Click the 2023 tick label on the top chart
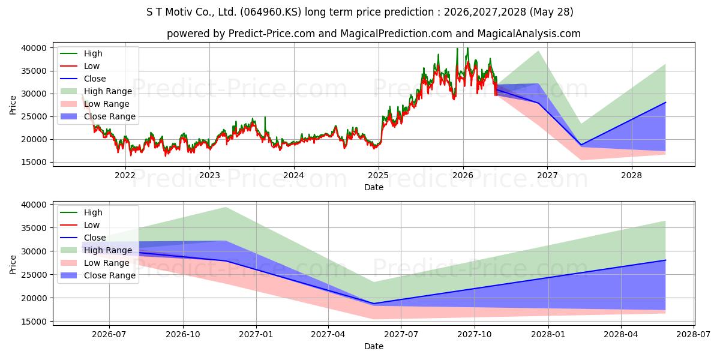pyautogui.click(x=209, y=175)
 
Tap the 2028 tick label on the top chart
pyautogui.click(x=632, y=175)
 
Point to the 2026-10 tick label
pyautogui.click(x=183, y=335)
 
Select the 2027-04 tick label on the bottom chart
pyautogui.click(x=328, y=335)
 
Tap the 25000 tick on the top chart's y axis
pyautogui.click(x=34, y=116)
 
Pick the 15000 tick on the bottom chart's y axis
pyautogui.click(x=34, y=322)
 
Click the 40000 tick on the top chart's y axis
pyautogui.click(x=34, y=48)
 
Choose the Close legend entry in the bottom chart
pyautogui.click(x=83, y=238)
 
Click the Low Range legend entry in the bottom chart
pyautogui.click(x=95, y=263)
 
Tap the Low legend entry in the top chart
pyautogui.click(x=80, y=66)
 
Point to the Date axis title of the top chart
pyautogui.click(x=373, y=187)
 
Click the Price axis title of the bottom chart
pyautogui.click(x=13, y=265)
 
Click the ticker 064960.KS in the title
pyautogui.click(x=271, y=12)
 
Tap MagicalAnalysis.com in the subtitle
pyautogui.click(x=529, y=34)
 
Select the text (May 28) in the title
pyautogui.click(x=551, y=12)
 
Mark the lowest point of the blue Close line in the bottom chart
pyautogui.click(x=373, y=304)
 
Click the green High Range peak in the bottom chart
pyautogui.click(x=226, y=208)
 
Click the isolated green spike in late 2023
pyautogui.click(x=265, y=118)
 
